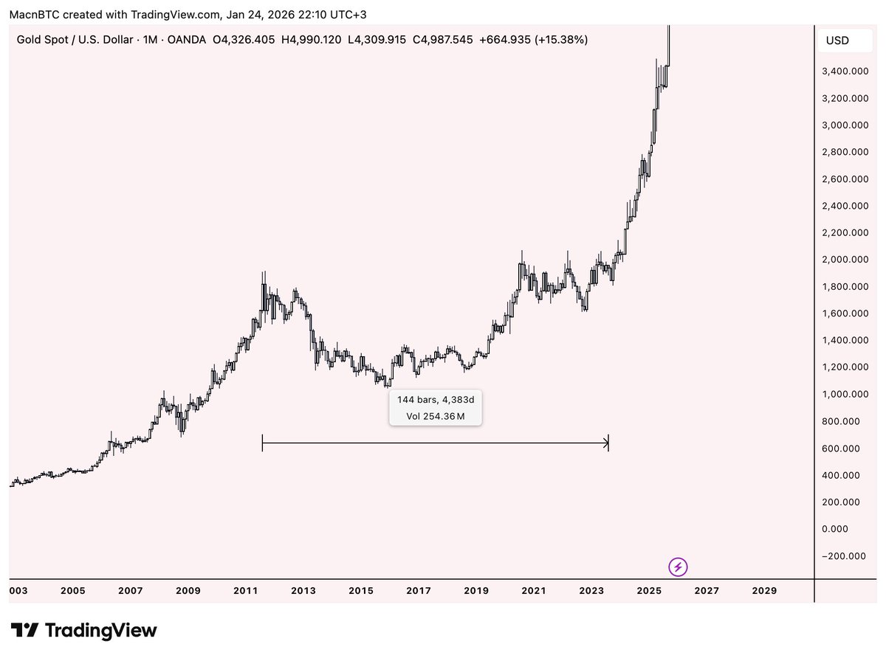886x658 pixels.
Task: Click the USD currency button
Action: point(837,41)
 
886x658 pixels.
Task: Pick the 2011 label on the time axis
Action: point(245,591)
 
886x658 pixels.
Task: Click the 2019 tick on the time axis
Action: point(476,591)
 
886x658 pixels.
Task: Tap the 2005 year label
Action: point(72,591)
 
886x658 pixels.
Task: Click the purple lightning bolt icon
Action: point(678,567)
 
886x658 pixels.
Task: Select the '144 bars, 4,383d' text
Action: point(436,399)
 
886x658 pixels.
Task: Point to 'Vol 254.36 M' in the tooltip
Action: point(436,417)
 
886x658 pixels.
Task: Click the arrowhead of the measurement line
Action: point(606,443)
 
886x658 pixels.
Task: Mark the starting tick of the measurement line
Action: point(263,443)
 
